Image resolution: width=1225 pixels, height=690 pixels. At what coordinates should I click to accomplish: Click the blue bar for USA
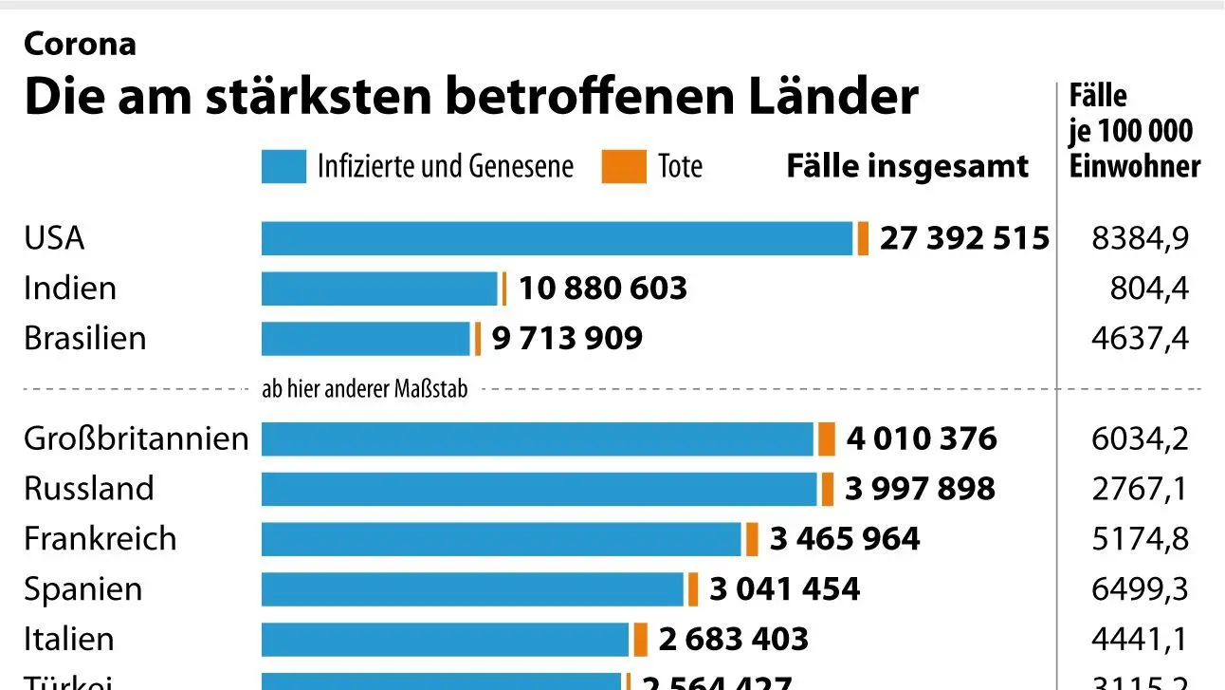pyautogui.click(x=558, y=238)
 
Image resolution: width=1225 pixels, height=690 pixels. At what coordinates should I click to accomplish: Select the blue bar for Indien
pyautogui.click(x=379, y=289)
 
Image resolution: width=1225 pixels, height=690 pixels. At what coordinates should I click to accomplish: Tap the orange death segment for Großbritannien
pyautogui.click(x=827, y=439)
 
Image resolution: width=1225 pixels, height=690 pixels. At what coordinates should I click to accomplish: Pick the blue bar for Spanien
pyautogui.click(x=472, y=589)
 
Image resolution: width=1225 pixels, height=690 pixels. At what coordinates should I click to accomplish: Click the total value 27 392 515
pyautogui.click(x=964, y=238)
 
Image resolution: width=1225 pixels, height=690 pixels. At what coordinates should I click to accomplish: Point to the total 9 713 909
pyautogui.click(x=567, y=338)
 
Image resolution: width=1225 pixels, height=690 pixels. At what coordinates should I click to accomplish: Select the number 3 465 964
pyautogui.click(x=844, y=539)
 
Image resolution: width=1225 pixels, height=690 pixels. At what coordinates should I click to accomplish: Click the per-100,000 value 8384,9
pyautogui.click(x=1140, y=238)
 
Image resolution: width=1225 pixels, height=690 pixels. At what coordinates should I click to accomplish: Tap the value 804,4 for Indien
pyautogui.click(x=1149, y=289)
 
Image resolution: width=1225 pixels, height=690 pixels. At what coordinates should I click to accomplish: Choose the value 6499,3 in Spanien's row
pyautogui.click(x=1140, y=589)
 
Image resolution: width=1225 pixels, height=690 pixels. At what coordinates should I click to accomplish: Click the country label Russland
pyautogui.click(x=88, y=489)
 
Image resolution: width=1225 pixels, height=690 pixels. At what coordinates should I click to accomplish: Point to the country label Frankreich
pyautogui.click(x=100, y=539)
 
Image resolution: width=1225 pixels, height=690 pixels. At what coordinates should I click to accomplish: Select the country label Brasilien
pyautogui.click(x=84, y=339)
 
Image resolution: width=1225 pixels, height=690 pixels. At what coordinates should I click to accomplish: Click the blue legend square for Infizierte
pyautogui.click(x=283, y=167)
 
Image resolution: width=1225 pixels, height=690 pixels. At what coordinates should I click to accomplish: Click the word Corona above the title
pyautogui.click(x=80, y=44)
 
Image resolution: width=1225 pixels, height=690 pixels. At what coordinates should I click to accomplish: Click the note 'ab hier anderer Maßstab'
pyautogui.click(x=364, y=389)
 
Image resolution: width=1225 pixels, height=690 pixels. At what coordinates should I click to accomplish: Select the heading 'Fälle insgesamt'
pyautogui.click(x=907, y=167)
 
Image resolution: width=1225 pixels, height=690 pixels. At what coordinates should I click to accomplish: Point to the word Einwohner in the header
pyautogui.click(x=1134, y=166)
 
